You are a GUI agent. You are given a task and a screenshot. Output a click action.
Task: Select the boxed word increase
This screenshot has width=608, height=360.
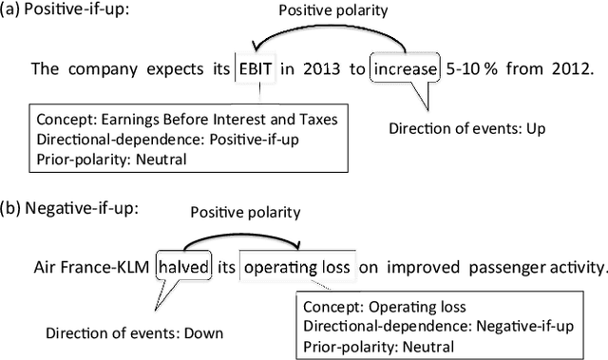(406, 69)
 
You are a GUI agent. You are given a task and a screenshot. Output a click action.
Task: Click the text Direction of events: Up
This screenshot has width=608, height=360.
(457, 126)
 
